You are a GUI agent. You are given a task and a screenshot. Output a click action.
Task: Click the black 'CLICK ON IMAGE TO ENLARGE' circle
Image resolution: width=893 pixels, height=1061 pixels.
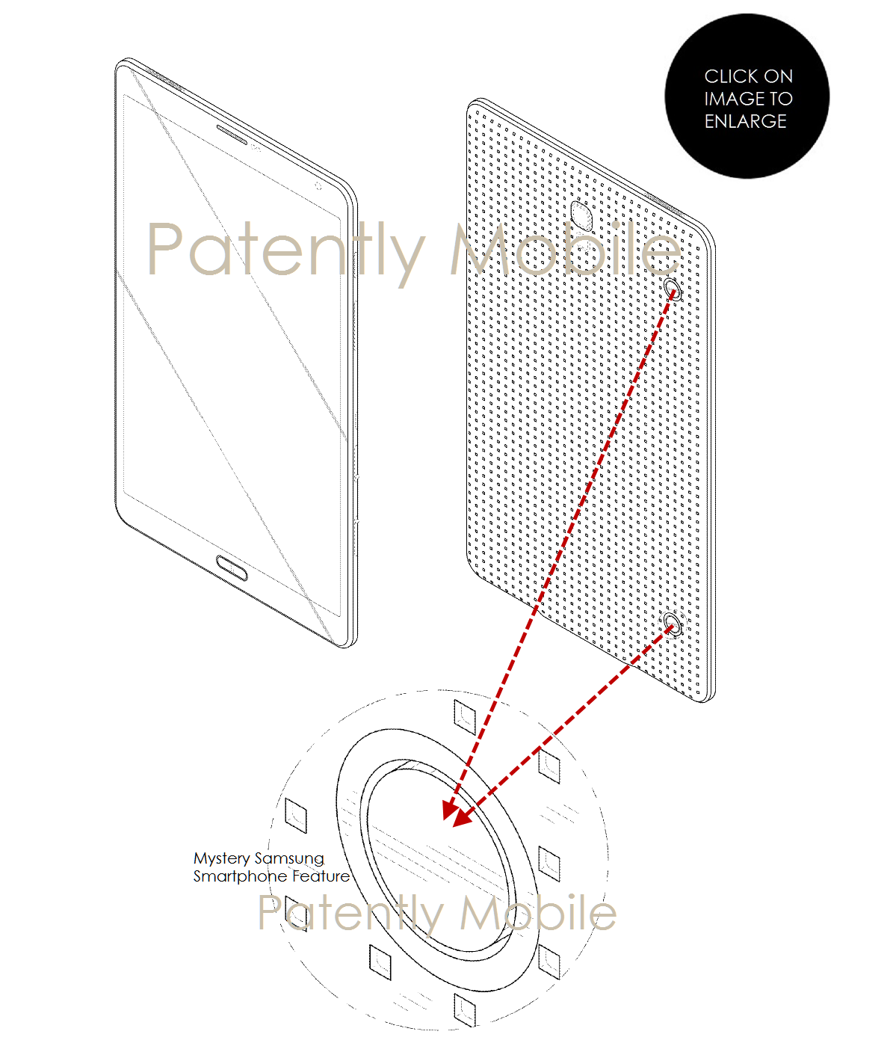click(x=747, y=96)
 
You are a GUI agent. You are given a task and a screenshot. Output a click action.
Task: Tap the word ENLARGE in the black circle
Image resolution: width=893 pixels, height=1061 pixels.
click(x=745, y=121)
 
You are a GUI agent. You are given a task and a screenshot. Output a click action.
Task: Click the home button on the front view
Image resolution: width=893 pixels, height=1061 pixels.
click(x=232, y=568)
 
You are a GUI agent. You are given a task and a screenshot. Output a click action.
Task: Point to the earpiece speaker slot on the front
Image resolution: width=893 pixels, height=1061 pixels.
click(x=232, y=134)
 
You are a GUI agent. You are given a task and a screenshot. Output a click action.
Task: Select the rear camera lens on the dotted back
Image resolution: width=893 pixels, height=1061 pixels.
click(x=581, y=215)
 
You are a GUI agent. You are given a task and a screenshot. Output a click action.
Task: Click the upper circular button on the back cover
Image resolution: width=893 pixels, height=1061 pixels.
click(x=673, y=289)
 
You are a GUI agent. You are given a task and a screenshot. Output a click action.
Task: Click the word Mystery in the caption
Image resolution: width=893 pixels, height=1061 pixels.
click(x=221, y=859)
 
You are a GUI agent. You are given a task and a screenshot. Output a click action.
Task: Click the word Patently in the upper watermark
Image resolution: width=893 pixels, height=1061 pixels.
click(x=285, y=250)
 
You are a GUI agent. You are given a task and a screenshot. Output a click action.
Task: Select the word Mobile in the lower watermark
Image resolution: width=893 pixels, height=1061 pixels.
click(x=538, y=912)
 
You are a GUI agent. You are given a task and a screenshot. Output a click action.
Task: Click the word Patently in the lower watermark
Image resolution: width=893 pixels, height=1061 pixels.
click(x=351, y=914)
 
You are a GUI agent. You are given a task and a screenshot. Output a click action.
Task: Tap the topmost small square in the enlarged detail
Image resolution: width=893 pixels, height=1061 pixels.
click(x=465, y=717)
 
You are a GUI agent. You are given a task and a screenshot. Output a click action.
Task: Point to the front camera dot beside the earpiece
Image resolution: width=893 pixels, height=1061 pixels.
click(x=255, y=148)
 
